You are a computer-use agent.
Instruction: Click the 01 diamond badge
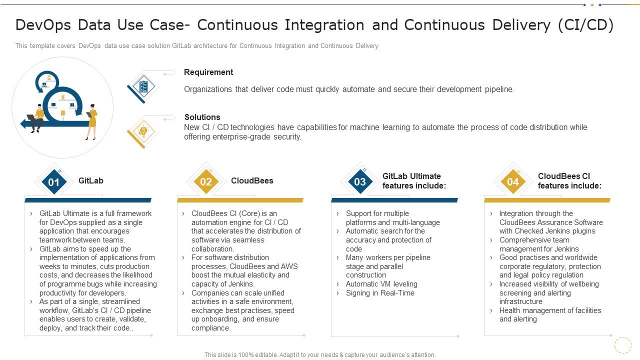(x=53, y=182)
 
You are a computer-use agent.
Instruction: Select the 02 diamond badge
(x=206, y=182)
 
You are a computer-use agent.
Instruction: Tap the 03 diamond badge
(x=360, y=182)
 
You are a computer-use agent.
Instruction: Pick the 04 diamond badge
(x=513, y=182)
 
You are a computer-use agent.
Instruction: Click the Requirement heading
(x=208, y=72)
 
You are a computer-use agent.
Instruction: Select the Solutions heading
(x=202, y=117)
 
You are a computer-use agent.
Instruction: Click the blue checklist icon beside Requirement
(x=143, y=86)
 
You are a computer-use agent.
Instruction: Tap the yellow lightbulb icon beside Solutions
(x=143, y=131)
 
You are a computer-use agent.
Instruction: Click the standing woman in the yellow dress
(x=91, y=121)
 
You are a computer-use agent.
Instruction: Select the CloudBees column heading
(x=252, y=181)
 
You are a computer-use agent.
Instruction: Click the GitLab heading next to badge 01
(x=91, y=181)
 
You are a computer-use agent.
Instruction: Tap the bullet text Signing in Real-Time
(x=380, y=293)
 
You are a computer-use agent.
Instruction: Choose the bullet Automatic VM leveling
(x=381, y=284)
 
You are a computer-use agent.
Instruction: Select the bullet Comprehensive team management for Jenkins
(x=539, y=244)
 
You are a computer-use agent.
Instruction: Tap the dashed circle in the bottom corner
(x=622, y=345)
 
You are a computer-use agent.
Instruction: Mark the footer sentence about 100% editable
(x=320, y=355)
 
